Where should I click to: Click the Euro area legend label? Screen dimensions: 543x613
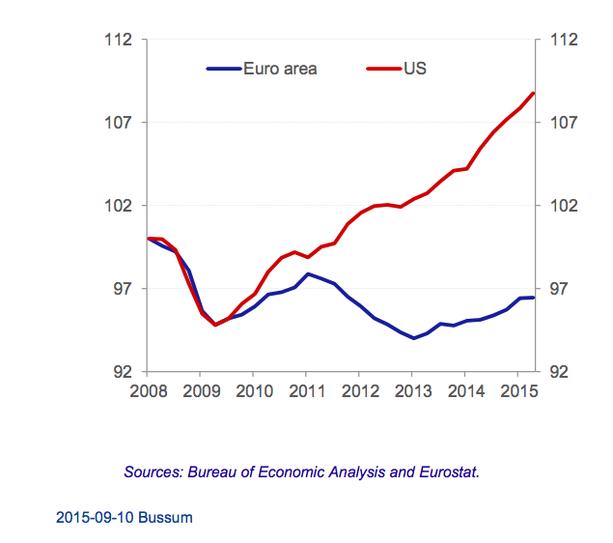[x=281, y=69]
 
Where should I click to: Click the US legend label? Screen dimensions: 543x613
[x=415, y=69]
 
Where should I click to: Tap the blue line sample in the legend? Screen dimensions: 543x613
[x=224, y=69]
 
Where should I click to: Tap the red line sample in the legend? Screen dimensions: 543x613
[x=383, y=69]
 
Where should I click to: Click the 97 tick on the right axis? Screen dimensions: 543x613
[x=563, y=289]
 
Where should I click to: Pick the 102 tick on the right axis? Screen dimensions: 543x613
[x=563, y=206]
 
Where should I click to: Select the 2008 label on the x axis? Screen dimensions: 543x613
[x=148, y=391]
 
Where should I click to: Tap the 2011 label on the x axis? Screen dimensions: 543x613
[x=306, y=391]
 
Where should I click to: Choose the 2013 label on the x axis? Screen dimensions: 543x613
[x=412, y=391]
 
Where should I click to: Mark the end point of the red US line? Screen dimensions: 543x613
[x=534, y=93]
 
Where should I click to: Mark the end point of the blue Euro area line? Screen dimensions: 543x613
[x=534, y=297]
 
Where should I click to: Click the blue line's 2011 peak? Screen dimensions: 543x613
[x=307, y=273]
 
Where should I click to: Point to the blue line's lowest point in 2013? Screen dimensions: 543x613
[x=414, y=338]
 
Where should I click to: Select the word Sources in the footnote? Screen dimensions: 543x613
[x=152, y=472]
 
